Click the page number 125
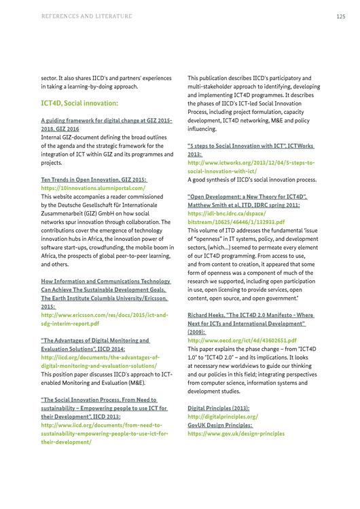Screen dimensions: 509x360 340,16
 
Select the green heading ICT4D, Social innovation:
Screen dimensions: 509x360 79,103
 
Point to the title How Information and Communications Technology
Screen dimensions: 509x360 105,281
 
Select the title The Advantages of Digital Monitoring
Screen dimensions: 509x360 95,340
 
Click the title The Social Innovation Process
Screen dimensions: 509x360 99,400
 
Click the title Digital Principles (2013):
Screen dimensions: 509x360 218,408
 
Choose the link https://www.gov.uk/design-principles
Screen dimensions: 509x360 236,432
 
